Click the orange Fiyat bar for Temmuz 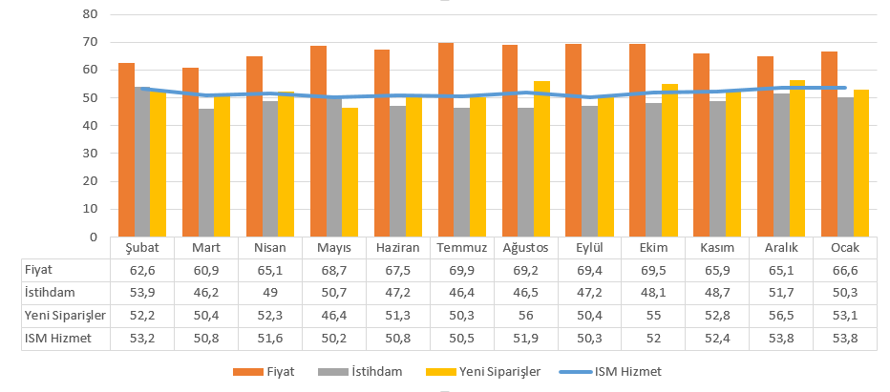pyautogui.click(x=446, y=140)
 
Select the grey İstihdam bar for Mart pyautogui.click(x=206, y=173)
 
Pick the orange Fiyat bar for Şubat pyautogui.click(x=126, y=150)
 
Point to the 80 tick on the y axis pyautogui.click(x=91, y=14)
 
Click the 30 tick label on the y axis pyautogui.click(x=91, y=154)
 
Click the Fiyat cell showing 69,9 pyautogui.click(x=461, y=270)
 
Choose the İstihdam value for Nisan pyautogui.click(x=270, y=292)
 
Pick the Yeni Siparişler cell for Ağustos pyautogui.click(x=525, y=314)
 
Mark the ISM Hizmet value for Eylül pyautogui.click(x=589, y=336)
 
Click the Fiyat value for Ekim pyautogui.click(x=653, y=270)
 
